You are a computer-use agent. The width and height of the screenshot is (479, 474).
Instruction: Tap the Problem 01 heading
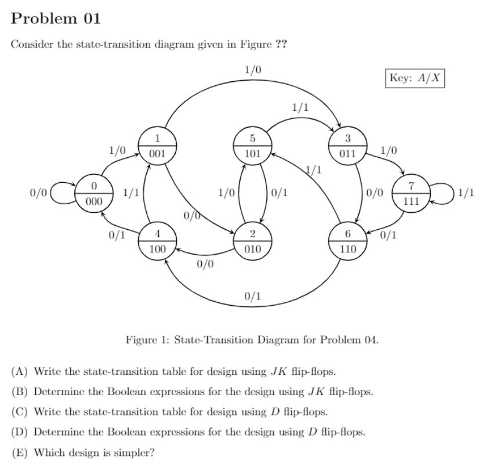point(56,19)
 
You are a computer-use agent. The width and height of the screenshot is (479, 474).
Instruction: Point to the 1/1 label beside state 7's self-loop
point(466,192)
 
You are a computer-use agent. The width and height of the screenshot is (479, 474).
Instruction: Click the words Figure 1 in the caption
point(145,339)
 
